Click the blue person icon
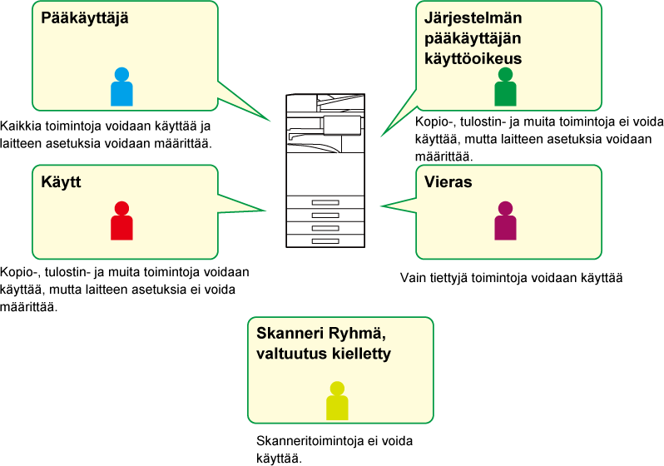[121, 88]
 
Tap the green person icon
[505, 88]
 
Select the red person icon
[121, 222]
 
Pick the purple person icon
[505, 222]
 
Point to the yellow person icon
[337, 402]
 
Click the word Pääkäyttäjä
[85, 17]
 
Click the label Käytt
[61, 181]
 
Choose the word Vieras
[448, 182]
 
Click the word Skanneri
[287, 334]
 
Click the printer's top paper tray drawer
[325, 202]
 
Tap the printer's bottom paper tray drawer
[325, 240]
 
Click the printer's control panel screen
[342, 125]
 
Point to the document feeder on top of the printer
[325, 102]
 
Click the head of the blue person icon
[121, 74]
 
